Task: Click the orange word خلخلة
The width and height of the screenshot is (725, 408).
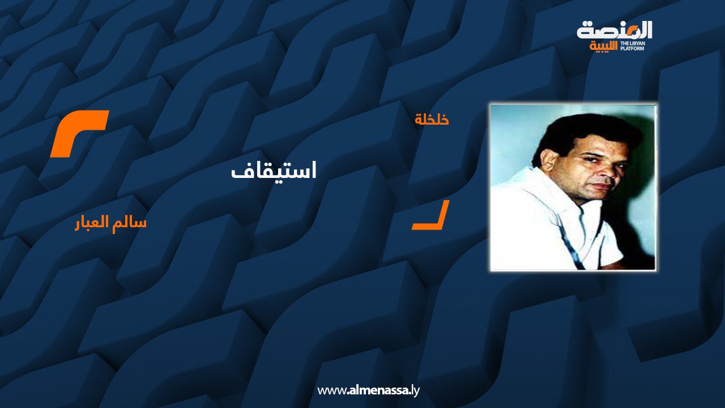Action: point(432,120)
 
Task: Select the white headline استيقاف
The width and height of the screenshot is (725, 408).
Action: point(274,171)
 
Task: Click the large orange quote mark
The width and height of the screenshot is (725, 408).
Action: point(79,133)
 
